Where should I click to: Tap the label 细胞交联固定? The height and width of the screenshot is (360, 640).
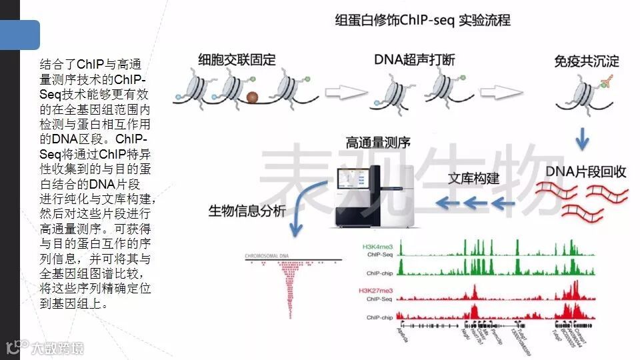click(237, 59)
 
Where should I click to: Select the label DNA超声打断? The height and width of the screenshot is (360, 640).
click(414, 59)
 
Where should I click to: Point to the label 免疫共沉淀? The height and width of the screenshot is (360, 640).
click(586, 61)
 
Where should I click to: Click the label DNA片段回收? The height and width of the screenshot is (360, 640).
click(586, 171)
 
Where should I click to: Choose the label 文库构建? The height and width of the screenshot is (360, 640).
click(473, 179)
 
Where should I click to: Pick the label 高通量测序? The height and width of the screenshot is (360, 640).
click(377, 143)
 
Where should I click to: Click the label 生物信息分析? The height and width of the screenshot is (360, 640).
click(247, 211)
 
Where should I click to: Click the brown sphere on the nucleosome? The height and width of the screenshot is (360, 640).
click(253, 98)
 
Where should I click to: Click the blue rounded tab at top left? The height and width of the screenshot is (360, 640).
click(20, 35)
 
